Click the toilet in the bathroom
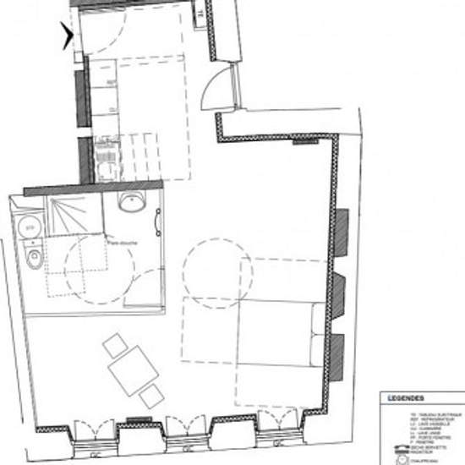tap(33, 255)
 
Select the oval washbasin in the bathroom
tap(132, 203)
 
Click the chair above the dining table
tap(115, 345)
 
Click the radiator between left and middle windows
tap(135, 420)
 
